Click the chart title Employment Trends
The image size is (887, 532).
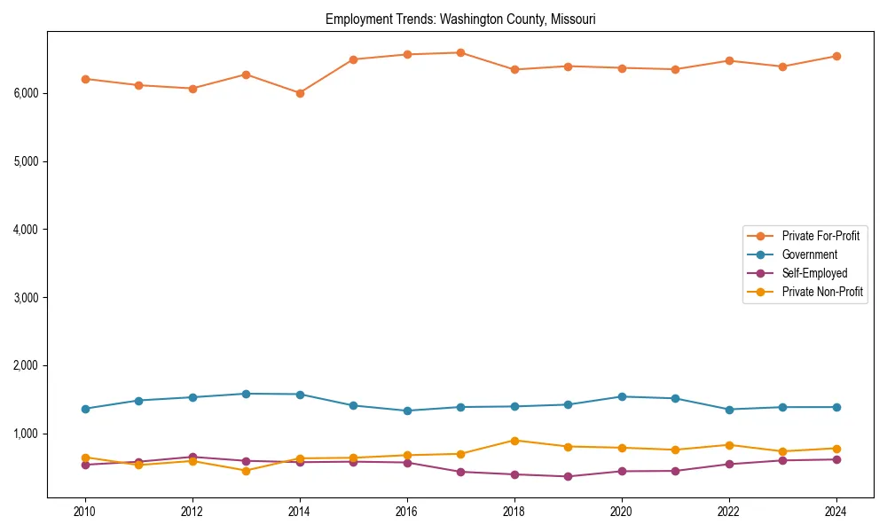tap(460, 19)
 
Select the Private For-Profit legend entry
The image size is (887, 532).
tap(820, 236)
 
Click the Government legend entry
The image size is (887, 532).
tap(809, 254)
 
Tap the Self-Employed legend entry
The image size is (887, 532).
tap(814, 273)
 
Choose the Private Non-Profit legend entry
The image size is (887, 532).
tap(822, 292)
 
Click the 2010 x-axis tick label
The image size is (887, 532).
tap(85, 512)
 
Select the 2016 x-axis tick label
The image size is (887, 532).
tap(407, 512)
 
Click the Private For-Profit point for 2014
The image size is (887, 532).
tap(300, 93)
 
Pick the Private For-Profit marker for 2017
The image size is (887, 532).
tap(460, 52)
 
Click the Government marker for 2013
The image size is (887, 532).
tap(246, 394)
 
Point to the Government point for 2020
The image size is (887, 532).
tap(622, 396)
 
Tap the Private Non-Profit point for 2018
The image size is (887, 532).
tap(514, 441)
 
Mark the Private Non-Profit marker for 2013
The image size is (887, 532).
tap(246, 471)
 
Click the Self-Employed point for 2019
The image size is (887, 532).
tap(568, 476)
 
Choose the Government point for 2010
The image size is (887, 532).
tap(85, 409)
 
